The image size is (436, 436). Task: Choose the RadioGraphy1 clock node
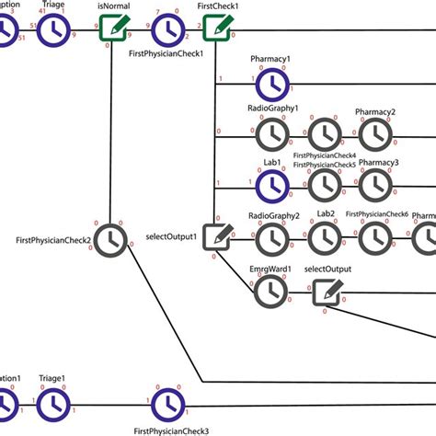(x=271, y=135)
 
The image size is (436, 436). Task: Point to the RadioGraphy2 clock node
(x=271, y=238)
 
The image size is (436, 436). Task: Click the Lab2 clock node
(x=324, y=238)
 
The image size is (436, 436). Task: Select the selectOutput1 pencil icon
(x=217, y=237)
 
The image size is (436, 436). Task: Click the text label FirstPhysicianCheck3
(x=170, y=430)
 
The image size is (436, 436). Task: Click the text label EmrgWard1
(x=270, y=269)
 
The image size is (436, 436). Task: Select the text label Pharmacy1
(x=270, y=60)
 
